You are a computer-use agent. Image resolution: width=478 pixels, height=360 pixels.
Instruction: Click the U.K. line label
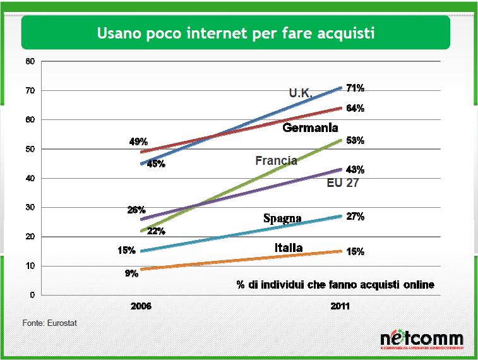coord(301,93)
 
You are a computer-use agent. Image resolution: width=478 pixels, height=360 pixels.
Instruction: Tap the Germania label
coord(311,128)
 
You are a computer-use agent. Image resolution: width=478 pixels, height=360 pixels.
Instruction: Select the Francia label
coord(276,160)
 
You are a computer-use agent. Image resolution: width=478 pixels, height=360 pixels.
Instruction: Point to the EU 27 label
coord(343,184)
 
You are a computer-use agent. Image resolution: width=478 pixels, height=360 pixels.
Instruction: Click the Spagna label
coord(282,219)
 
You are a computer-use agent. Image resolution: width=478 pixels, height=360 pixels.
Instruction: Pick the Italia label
coord(289,248)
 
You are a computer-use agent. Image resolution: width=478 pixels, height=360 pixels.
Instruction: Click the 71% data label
coord(356,88)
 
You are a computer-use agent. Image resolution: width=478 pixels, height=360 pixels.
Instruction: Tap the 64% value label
coord(356,108)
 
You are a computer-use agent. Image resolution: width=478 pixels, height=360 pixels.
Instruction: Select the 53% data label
coord(356,140)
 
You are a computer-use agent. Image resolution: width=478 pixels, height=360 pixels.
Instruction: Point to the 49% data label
coord(138,141)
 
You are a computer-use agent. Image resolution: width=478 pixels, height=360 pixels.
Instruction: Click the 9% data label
coord(131,274)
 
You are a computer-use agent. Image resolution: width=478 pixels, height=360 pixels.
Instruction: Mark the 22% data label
coord(156,231)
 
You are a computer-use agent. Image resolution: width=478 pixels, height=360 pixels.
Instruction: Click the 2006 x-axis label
coord(141,306)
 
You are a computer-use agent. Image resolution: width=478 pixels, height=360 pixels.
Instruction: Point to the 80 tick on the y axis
coord(30,61)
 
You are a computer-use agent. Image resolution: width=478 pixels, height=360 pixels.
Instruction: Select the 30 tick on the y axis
coord(30,207)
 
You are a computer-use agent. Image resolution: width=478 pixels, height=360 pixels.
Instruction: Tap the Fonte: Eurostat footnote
coord(50,323)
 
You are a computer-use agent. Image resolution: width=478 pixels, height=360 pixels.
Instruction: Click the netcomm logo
coord(421,340)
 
